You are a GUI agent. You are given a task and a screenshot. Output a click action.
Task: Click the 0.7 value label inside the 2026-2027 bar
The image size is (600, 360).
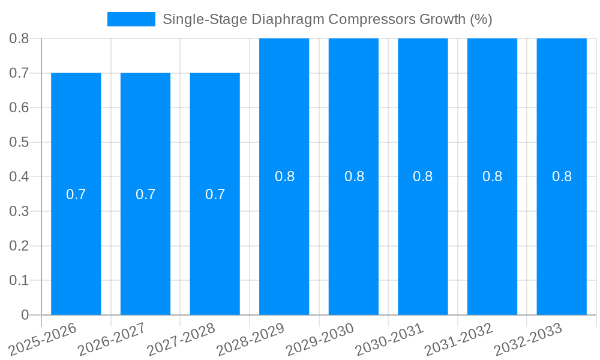tap(145, 194)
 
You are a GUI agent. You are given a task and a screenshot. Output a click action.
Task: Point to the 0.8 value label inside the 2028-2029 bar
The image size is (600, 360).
tap(284, 176)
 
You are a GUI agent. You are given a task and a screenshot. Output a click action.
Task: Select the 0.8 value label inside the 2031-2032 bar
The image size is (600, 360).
tap(493, 176)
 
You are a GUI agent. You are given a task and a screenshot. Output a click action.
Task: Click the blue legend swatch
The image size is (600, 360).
tap(131, 19)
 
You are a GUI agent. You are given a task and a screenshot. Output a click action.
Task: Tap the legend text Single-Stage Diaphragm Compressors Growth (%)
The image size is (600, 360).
tap(327, 19)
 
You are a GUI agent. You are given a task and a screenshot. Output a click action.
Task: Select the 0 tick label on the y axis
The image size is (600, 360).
tap(25, 315)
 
